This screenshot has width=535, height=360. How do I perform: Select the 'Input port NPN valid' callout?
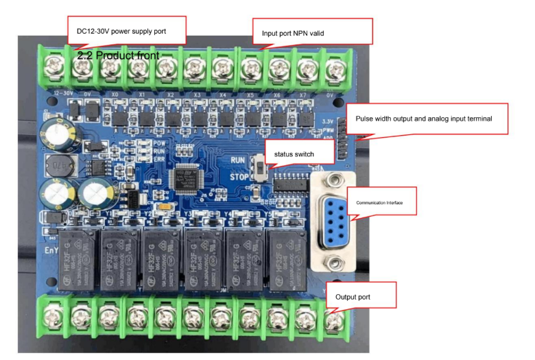(312, 32)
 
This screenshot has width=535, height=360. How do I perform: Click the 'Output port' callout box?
(361, 297)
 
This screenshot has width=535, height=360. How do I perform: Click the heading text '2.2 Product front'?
(118, 55)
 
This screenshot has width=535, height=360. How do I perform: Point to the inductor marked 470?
(56, 165)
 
